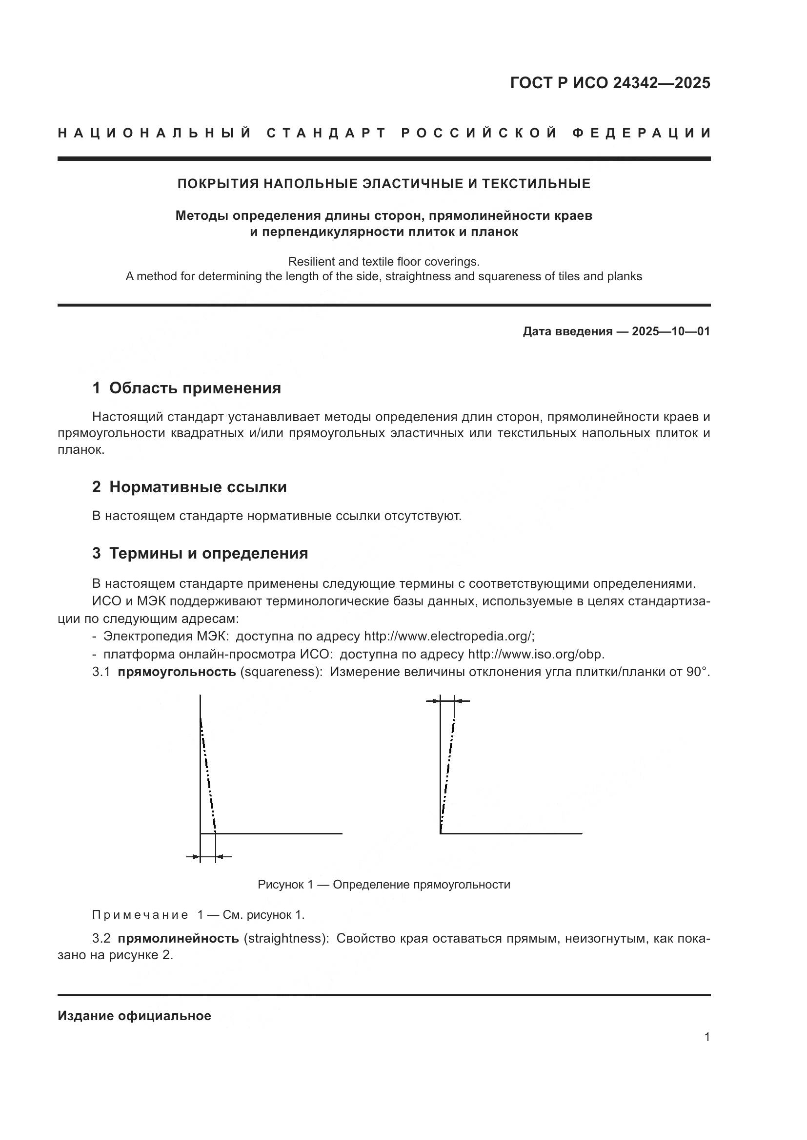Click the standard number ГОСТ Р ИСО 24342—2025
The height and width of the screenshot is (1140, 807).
coord(610,83)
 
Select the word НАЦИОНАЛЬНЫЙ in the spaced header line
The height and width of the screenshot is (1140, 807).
coord(155,133)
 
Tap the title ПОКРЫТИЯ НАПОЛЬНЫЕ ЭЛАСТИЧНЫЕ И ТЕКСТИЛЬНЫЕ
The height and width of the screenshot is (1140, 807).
coord(383,184)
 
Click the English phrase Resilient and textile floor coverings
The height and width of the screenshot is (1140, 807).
coord(383,261)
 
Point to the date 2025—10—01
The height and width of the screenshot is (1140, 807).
coord(670,331)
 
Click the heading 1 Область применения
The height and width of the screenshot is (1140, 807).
coord(186,388)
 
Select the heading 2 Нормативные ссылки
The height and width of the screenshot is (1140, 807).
coord(189,487)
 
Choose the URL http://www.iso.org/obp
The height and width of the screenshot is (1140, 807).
coord(536,654)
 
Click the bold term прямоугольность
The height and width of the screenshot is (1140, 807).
coord(177,672)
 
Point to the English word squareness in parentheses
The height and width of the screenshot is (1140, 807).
coord(279,672)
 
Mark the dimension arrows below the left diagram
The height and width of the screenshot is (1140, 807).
coord(208,856)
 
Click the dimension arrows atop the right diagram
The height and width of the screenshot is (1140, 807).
coord(447,701)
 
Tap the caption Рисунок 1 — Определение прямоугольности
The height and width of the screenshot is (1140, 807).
coord(383,884)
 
